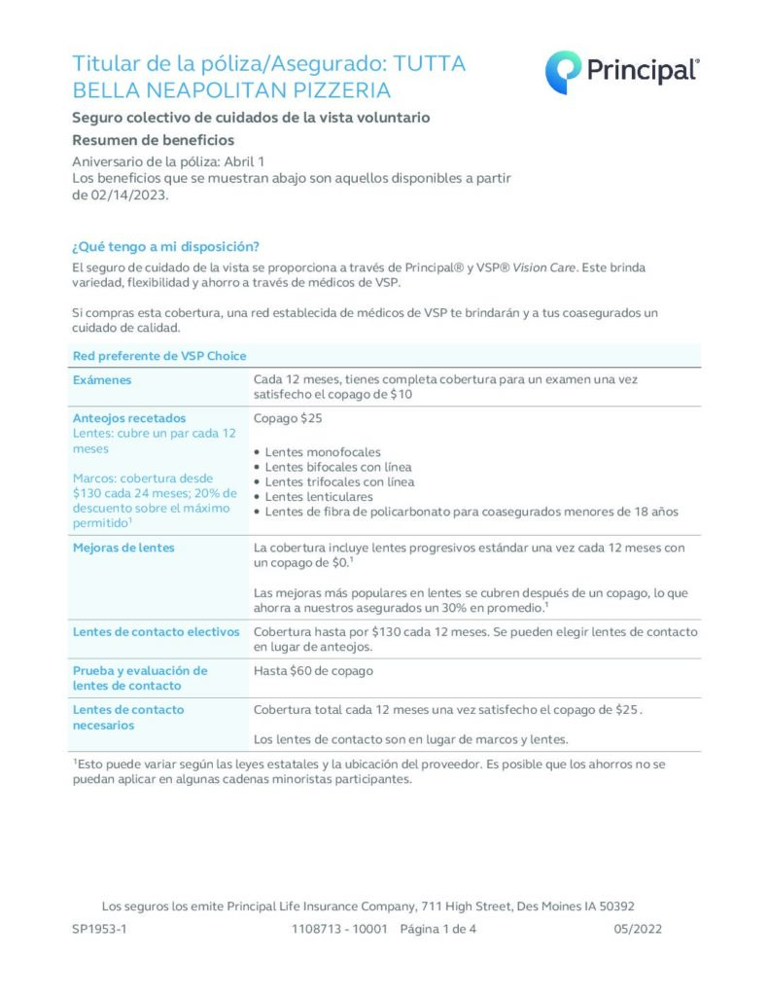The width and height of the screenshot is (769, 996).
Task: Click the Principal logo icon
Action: click(563, 72)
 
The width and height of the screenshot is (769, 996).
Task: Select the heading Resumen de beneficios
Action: click(153, 140)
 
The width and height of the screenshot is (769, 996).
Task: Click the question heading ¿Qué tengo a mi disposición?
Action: click(165, 246)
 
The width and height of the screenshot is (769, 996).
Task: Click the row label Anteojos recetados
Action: click(128, 418)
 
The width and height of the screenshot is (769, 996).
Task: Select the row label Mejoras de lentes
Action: click(123, 548)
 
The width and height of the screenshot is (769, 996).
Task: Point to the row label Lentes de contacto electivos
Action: click(156, 632)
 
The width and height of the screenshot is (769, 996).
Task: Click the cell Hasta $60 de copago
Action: click(313, 670)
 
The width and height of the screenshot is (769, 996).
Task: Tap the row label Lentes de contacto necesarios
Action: click(128, 717)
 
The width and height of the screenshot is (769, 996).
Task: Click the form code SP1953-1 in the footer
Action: click(99, 929)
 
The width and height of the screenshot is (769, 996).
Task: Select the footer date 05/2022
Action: click(638, 929)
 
